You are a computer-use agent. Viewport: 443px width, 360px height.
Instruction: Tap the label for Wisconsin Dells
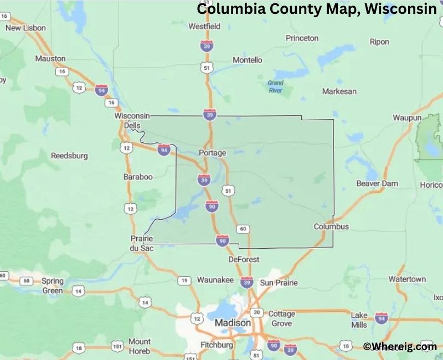[x=132, y=120]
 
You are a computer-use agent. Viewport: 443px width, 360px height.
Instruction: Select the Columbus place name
[x=331, y=227]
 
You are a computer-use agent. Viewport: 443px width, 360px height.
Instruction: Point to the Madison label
[x=231, y=322]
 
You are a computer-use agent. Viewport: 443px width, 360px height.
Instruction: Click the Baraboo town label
[x=138, y=177]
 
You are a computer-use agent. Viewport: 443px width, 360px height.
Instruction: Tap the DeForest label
[x=244, y=259]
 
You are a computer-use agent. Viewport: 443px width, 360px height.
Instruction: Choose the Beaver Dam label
[x=377, y=183]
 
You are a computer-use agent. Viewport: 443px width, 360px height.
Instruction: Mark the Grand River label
[x=275, y=86]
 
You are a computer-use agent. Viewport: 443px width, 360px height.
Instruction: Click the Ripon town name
[x=380, y=42]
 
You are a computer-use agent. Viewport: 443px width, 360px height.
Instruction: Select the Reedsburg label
[x=69, y=156]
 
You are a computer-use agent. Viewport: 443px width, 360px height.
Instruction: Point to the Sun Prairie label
[x=279, y=282]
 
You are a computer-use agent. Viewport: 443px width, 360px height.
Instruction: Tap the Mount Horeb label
[x=139, y=346]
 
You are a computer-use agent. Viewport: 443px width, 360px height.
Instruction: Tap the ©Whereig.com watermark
[x=400, y=346]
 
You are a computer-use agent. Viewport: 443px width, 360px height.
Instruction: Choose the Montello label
[x=248, y=60]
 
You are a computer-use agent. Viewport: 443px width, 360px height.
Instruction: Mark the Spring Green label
[x=53, y=285]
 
